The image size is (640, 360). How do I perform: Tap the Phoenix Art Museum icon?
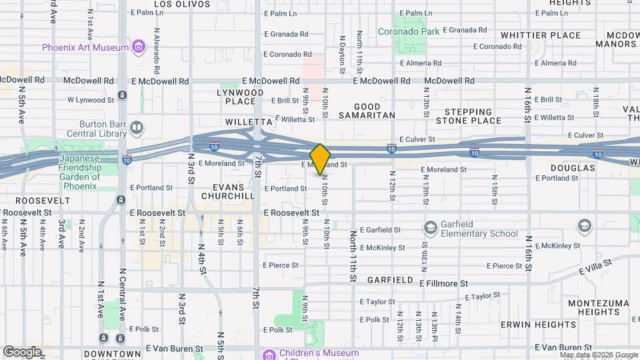138,47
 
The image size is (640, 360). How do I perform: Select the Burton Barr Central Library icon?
136,127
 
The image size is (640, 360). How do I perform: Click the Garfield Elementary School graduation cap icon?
430,228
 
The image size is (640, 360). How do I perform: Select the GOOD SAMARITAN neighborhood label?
367,111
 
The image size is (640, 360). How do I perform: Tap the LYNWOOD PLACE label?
236,97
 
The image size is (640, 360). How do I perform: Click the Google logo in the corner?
23,351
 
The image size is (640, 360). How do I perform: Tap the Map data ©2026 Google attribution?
598,355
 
